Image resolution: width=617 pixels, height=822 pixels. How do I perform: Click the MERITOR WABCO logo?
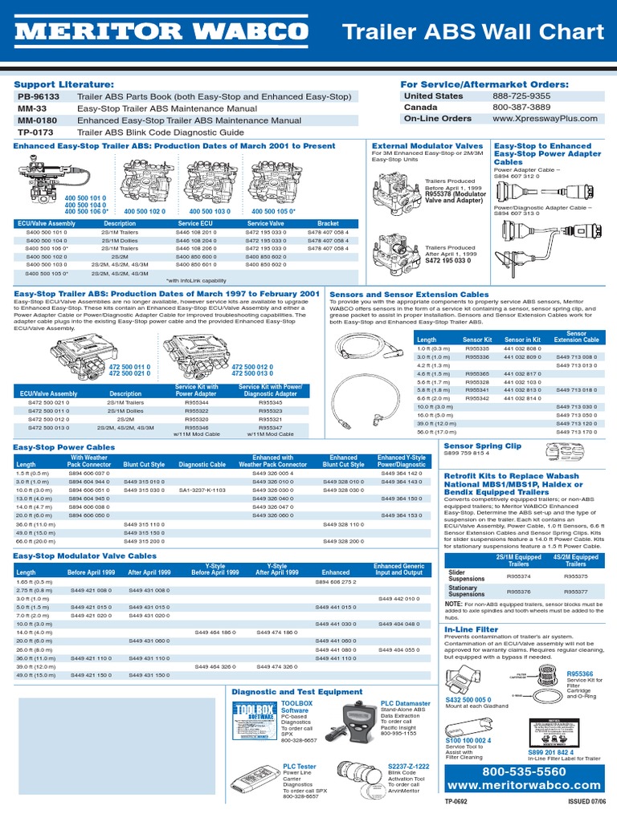(161, 33)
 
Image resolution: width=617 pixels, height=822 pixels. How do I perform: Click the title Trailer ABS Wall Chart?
(472, 33)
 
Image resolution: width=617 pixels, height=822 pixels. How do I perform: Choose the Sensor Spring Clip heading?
(482, 446)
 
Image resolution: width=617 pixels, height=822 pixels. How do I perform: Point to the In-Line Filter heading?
(471, 629)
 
